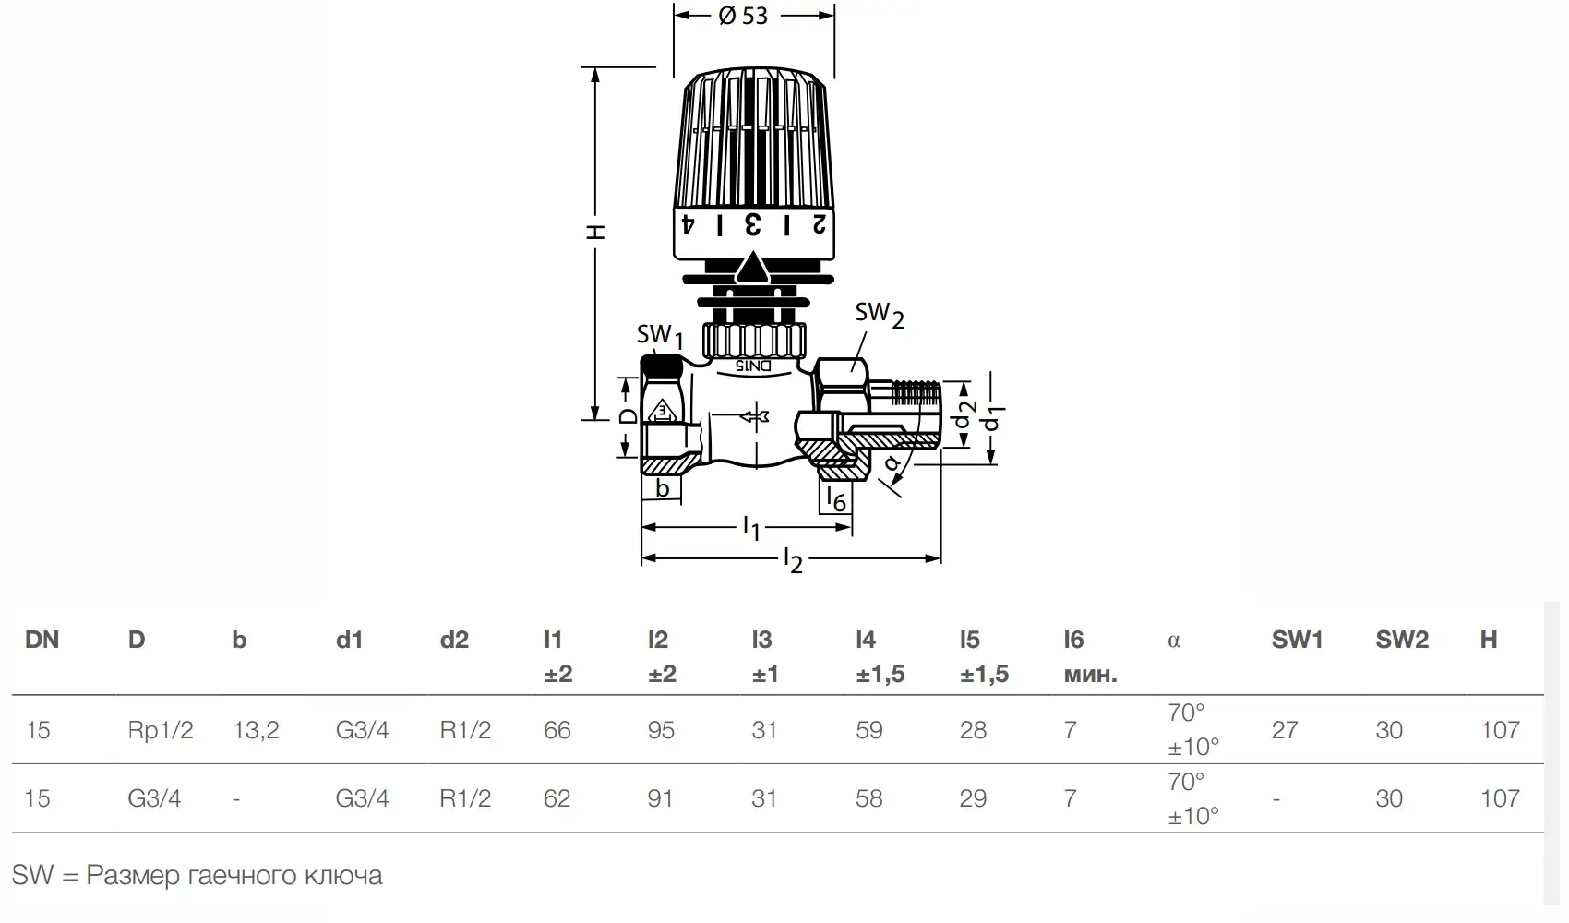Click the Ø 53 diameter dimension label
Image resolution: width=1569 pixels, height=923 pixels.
tap(742, 16)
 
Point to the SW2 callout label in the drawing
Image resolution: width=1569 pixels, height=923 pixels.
tap(880, 315)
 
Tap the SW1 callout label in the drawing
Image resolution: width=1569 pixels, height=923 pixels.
tap(659, 337)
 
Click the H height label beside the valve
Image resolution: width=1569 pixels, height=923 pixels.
tap(595, 232)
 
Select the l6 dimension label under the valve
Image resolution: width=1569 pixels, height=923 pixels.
tap(836, 499)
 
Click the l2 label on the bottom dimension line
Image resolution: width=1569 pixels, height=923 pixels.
tap(794, 561)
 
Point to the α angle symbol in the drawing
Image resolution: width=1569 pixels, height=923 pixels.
tap(891, 463)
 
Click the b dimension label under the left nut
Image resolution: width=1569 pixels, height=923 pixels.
tap(663, 488)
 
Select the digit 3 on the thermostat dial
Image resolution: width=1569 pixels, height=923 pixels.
tap(752, 225)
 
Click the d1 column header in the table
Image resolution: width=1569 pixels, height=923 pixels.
tap(349, 640)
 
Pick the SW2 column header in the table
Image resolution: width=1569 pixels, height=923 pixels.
tap(1402, 640)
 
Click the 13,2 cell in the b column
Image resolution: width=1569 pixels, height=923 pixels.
tap(256, 730)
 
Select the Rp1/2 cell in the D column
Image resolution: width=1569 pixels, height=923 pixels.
tap(161, 730)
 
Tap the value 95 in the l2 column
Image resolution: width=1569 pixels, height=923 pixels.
tap(661, 730)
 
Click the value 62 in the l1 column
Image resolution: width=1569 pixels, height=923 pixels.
tap(557, 798)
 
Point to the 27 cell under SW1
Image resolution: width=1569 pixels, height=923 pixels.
tap(1285, 730)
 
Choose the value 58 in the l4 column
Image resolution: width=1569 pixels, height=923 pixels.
tap(868, 798)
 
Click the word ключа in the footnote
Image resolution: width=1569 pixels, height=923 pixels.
tap(343, 875)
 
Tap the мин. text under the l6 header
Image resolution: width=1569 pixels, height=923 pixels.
tap(1090, 675)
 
